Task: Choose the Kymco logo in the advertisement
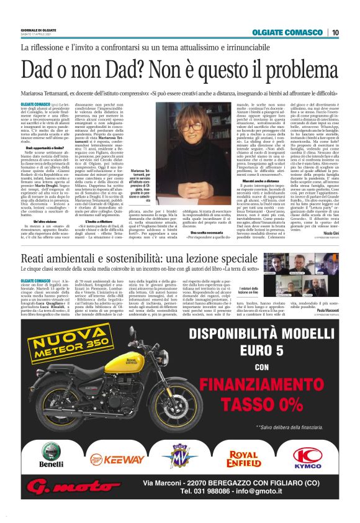(305, 458)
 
